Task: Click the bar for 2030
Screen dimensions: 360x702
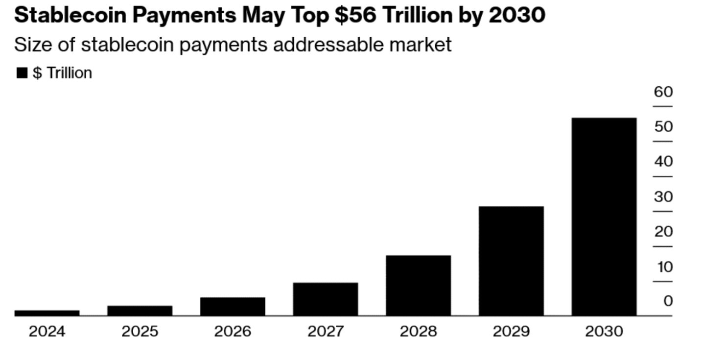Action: pos(604,216)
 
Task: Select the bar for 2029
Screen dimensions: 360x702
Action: pos(511,261)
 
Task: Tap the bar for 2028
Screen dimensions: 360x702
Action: pos(418,285)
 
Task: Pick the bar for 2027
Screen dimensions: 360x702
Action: pos(326,299)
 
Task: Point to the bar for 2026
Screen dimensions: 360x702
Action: pos(233,306)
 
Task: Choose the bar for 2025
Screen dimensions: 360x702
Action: pos(140,311)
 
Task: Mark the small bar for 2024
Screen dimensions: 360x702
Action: pos(47,312)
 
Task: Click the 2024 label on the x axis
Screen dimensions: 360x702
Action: pos(47,332)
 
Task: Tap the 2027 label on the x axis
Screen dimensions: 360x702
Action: pos(326,332)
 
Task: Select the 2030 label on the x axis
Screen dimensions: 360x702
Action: pos(604,332)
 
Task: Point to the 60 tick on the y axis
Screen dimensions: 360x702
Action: pos(663,92)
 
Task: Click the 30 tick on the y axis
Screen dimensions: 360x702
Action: pos(663,197)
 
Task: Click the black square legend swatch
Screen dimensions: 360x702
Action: pos(22,73)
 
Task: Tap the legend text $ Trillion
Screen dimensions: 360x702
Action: pos(62,73)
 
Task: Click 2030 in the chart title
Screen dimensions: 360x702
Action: pos(517,15)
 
